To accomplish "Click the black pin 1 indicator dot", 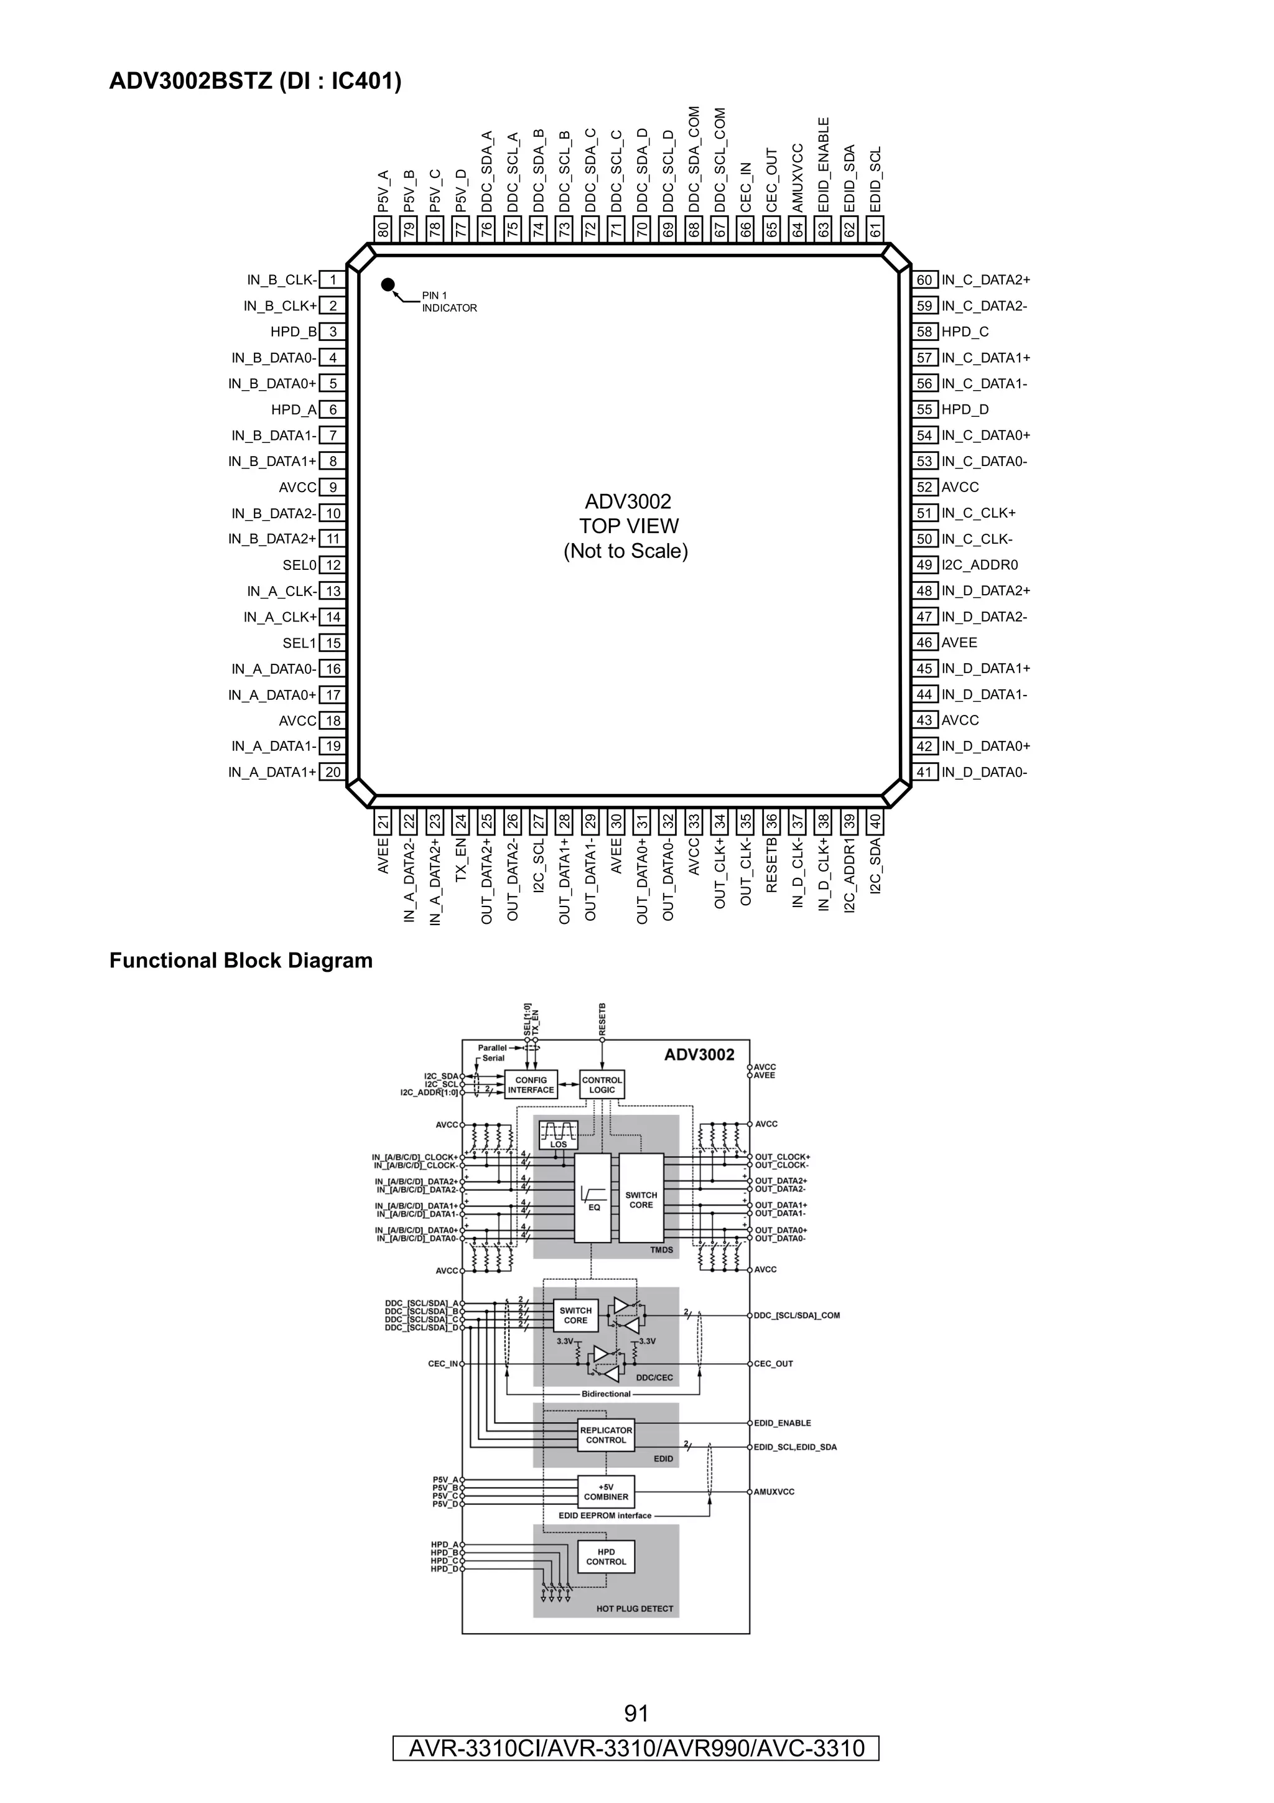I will click(388, 284).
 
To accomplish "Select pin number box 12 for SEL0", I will click(333, 566).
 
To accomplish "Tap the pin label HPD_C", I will click(965, 332).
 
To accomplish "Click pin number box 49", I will click(924, 566).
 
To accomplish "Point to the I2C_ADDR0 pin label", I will click(980, 566).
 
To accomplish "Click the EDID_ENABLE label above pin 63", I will click(824, 164).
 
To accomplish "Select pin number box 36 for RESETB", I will click(771, 822).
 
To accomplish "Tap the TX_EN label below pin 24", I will click(461, 860).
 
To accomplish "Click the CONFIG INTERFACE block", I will click(531, 1084).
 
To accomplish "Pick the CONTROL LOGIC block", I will click(602, 1084).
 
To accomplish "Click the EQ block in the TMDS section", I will click(593, 1198).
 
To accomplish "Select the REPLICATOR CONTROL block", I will click(606, 1435).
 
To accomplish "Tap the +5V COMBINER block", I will click(606, 1491).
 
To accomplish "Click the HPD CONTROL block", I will click(606, 1557).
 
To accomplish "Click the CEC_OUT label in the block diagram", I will click(773, 1364).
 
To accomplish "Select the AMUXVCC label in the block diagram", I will click(774, 1491).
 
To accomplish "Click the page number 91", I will click(636, 1713).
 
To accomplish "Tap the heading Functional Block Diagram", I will click(241, 961).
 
